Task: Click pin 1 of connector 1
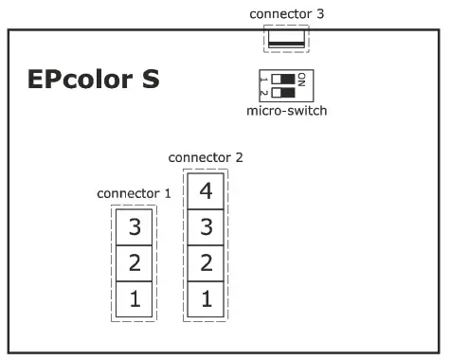(x=135, y=299)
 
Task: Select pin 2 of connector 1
(x=135, y=262)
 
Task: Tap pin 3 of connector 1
(x=135, y=226)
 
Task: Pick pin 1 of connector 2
(x=206, y=299)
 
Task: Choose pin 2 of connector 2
(x=206, y=262)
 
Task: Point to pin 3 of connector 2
(x=206, y=227)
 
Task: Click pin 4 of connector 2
(x=206, y=191)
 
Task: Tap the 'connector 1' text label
(x=134, y=193)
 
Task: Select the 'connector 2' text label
(x=205, y=156)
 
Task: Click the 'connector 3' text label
(x=286, y=13)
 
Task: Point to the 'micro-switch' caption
(x=286, y=111)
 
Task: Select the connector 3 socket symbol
(x=286, y=38)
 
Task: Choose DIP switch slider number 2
(x=282, y=92)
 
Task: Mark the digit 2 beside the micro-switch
(x=263, y=92)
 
